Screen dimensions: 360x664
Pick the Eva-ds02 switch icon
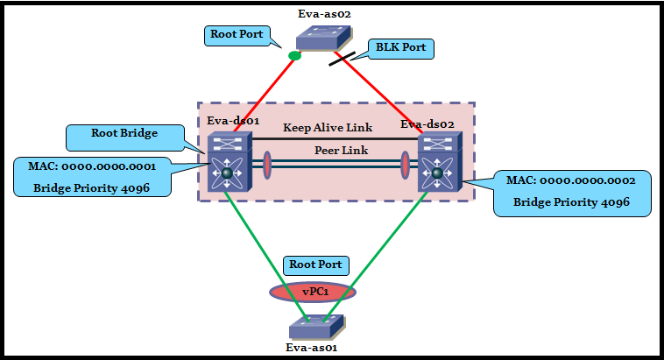click(x=436, y=165)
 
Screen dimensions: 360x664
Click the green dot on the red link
click(x=295, y=56)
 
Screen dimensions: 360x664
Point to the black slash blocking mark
click(x=342, y=59)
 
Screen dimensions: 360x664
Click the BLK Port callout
click(x=401, y=47)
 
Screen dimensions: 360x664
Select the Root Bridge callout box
click(x=124, y=135)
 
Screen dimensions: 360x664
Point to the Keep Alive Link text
click(x=327, y=128)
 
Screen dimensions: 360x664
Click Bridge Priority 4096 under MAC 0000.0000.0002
click(x=570, y=203)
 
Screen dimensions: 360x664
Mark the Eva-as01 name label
click(x=313, y=348)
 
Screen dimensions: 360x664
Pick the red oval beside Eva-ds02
click(x=406, y=166)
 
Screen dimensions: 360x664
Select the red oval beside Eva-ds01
click(x=265, y=165)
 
